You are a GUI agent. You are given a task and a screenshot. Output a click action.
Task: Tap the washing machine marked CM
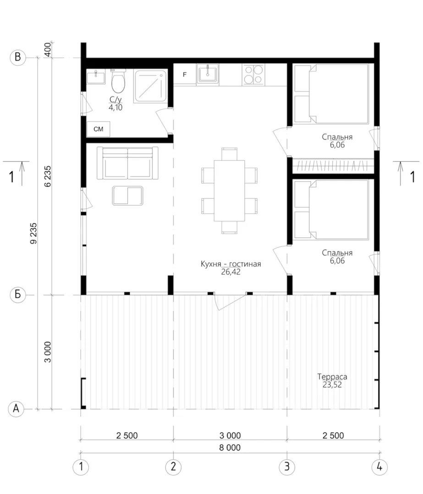pos(99,129)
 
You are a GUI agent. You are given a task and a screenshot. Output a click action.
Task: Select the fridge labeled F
pos(185,75)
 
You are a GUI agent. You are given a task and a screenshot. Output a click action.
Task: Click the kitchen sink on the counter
pos(208,75)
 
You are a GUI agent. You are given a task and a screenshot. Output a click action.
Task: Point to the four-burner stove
pos(253,75)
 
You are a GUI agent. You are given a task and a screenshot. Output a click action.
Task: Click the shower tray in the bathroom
pos(150,86)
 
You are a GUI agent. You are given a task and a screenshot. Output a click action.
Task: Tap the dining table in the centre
pos(230,191)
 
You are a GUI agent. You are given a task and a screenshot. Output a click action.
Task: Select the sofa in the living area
pos(127,163)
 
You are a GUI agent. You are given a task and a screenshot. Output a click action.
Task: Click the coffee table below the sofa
pos(127,196)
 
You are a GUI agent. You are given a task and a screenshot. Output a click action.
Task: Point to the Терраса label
pos(332,376)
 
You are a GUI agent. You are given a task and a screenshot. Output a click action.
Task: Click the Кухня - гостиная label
pos(231,264)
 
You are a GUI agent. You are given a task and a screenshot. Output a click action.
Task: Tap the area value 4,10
pos(115,107)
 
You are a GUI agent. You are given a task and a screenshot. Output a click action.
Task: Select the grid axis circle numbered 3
pos(287,467)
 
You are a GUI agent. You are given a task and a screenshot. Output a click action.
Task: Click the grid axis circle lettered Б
pos(18,295)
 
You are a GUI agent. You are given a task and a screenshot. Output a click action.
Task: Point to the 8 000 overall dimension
pos(230,447)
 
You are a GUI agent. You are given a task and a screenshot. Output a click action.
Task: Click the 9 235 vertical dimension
pos(33,233)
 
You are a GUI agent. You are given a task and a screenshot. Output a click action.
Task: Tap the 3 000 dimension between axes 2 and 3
pos(230,435)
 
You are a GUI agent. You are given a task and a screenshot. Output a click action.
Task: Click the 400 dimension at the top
pos(47,49)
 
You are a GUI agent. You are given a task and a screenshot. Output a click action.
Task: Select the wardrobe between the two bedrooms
pos(333,165)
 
